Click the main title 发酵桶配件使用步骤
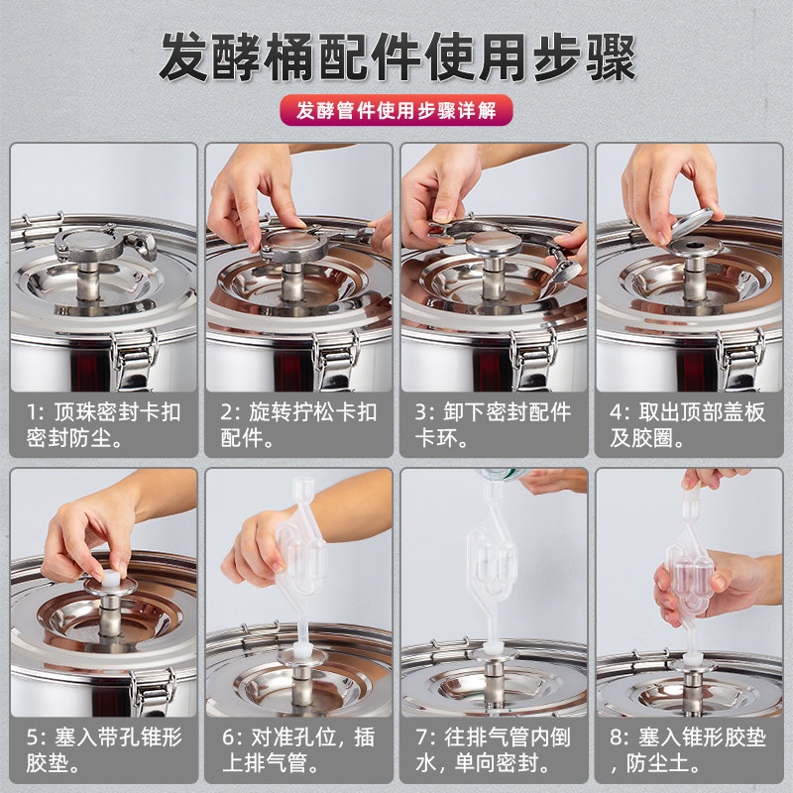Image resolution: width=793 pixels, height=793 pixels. click(x=397, y=57)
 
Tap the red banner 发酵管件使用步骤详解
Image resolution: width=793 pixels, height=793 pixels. click(x=396, y=110)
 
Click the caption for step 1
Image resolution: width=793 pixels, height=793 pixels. click(x=103, y=425)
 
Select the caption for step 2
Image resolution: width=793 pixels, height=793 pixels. click(x=298, y=425)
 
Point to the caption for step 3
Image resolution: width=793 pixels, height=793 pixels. click(x=493, y=425)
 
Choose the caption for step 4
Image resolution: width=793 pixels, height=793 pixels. click(x=687, y=425)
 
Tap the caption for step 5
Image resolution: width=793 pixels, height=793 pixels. click(x=103, y=750)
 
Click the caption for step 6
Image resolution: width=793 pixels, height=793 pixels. click(x=298, y=750)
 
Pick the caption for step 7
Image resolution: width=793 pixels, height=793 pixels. click(x=493, y=750)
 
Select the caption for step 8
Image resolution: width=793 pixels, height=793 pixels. click(x=687, y=750)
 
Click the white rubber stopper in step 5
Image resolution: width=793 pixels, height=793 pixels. click(x=111, y=578)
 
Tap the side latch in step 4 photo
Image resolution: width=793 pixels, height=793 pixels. click(x=739, y=359)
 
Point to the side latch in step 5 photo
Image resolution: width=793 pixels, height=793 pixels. click(x=153, y=692)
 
